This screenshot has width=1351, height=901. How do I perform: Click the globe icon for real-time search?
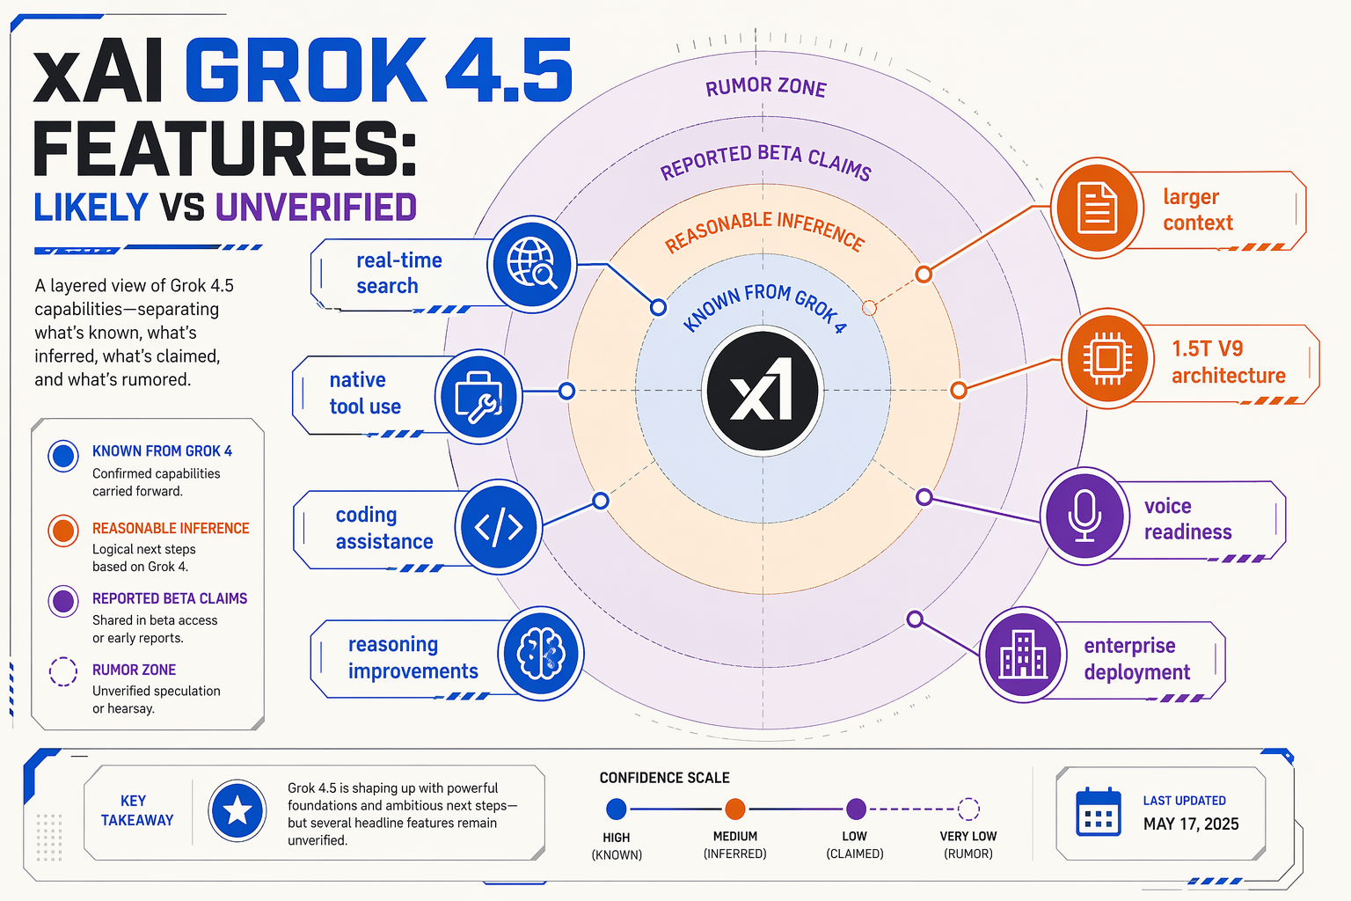[x=532, y=264]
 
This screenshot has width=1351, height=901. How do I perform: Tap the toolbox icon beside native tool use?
[x=478, y=397]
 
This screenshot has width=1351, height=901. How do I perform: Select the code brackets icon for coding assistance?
[x=498, y=527]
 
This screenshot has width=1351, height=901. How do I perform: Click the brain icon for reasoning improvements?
[x=540, y=654]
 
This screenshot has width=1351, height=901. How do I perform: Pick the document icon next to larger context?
[x=1097, y=208]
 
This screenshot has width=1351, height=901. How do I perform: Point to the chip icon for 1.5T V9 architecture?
[x=1107, y=358]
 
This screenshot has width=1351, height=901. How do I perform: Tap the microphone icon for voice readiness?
[x=1084, y=516]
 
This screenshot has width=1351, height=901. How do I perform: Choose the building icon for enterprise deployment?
[x=1023, y=655]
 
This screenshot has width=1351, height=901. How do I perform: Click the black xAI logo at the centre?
[x=763, y=391]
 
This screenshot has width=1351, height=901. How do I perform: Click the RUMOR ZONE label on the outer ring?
[x=765, y=87]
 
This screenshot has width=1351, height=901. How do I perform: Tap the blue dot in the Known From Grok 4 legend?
[x=63, y=456]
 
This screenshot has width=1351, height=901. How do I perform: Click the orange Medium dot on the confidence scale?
[x=734, y=809]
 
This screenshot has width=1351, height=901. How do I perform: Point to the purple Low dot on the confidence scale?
[x=856, y=809]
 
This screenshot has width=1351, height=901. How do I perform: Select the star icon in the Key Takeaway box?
[x=237, y=809]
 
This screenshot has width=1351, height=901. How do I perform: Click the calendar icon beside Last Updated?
[x=1099, y=811]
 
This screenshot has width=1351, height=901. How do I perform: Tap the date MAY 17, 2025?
[x=1191, y=824]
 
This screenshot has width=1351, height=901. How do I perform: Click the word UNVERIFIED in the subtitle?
[x=316, y=207]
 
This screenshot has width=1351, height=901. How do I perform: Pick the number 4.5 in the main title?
[x=508, y=70]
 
